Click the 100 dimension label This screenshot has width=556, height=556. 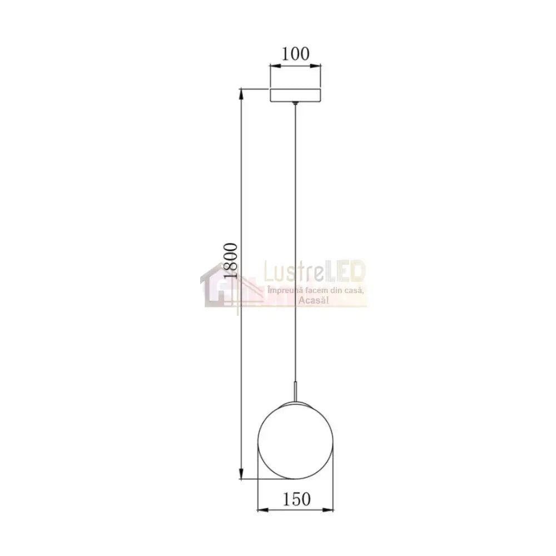pos(295,54)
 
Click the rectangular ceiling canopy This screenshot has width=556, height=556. pos(296,95)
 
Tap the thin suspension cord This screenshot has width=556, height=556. pos(295,222)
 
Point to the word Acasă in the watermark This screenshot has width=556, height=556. pos(315,300)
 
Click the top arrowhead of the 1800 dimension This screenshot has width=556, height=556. pos(241,92)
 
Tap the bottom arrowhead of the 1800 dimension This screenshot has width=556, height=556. pos(241,474)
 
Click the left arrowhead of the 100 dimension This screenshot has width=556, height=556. pos(274,68)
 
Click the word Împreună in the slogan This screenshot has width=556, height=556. pos(282,291)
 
